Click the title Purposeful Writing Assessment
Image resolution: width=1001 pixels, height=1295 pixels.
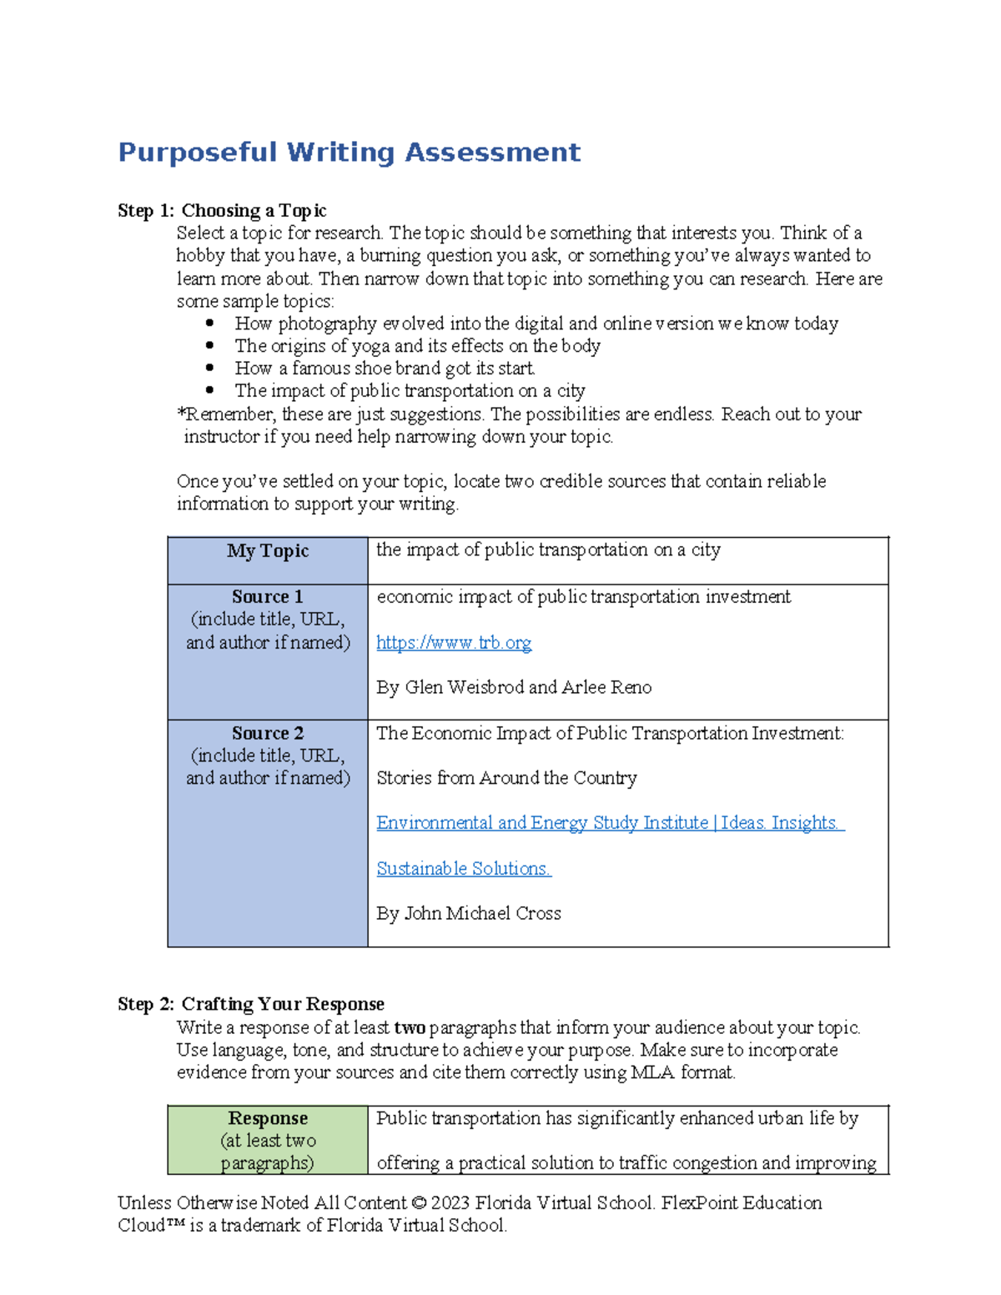(349, 153)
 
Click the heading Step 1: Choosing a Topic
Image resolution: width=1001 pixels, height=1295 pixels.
(222, 211)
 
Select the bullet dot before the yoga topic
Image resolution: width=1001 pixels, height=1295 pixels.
(209, 345)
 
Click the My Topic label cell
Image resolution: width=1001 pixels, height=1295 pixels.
(268, 551)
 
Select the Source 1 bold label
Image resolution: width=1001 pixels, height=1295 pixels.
(268, 597)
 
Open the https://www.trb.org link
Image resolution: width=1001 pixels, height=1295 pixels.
(454, 643)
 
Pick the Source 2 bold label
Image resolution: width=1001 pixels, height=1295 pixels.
(268, 734)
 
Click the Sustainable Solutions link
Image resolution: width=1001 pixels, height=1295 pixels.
(464, 869)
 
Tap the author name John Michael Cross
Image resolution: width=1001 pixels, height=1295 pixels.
(482, 914)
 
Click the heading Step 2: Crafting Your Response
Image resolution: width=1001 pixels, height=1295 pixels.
(251, 1004)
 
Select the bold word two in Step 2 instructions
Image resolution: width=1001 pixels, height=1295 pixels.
(410, 1028)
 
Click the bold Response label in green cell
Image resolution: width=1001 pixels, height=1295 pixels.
(268, 1118)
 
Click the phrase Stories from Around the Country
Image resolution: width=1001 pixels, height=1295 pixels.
(506, 779)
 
